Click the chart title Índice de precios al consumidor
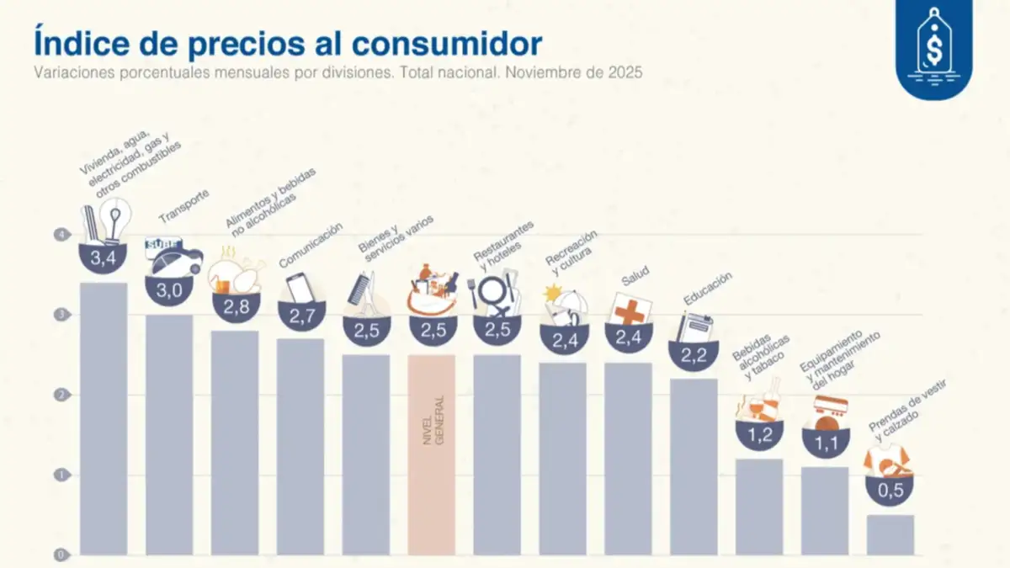(x=288, y=42)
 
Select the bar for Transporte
(x=169, y=434)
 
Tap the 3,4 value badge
(x=104, y=258)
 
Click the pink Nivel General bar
(x=432, y=454)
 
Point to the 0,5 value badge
(x=890, y=490)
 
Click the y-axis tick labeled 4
(x=61, y=235)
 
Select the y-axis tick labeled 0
(x=61, y=555)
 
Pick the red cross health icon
(x=629, y=311)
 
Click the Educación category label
(x=708, y=288)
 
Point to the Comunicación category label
(x=311, y=245)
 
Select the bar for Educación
(x=694, y=466)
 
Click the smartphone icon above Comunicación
(x=300, y=288)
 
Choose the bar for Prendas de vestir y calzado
(x=890, y=534)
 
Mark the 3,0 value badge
(x=169, y=290)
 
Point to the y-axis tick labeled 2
(x=61, y=395)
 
